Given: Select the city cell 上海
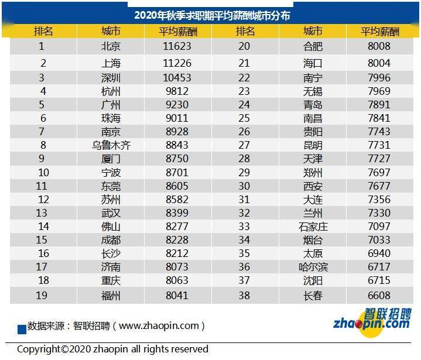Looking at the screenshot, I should pyautogui.click(x=111, y=63).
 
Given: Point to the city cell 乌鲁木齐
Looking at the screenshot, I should pyautogui.click(x=111, y=145).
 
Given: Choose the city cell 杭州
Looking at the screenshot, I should pyautogui.click(x=111, y=91).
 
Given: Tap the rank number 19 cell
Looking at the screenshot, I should pyautogui.click(x=42, y=296).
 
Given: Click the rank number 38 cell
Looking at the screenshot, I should pyautogui.click(x=245, y=296).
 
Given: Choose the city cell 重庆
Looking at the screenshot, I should pyautogui.click(x=111, y=282).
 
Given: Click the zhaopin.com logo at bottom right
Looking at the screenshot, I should pyautogui.click(x=371, y=319).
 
